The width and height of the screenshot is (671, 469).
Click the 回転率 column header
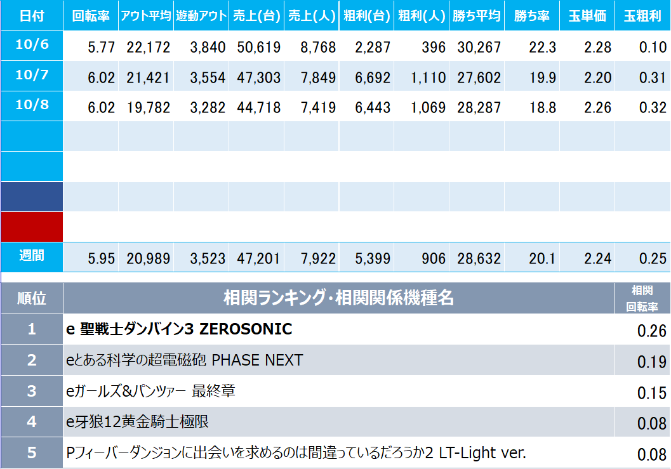[90, 17]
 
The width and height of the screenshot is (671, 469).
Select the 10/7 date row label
[32, 75]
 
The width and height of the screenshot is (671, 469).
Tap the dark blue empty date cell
[32, 197]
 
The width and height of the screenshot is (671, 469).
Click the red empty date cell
[32, 227]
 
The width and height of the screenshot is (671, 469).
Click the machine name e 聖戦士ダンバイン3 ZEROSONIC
[179, 329]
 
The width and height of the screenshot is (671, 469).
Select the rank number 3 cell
[32, 391]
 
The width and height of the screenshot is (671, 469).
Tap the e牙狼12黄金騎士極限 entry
[137, 421]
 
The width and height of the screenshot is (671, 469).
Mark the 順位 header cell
[32, 298]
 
